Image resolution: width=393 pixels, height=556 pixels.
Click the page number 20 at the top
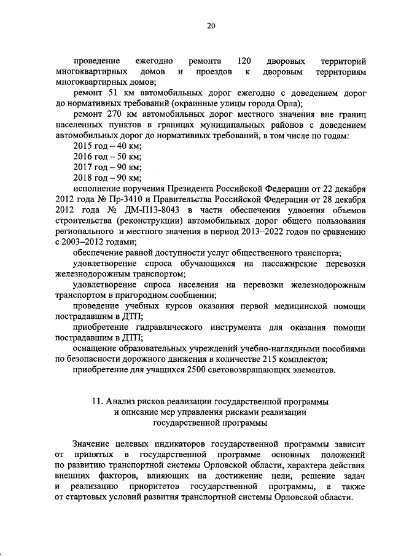coord(211,26)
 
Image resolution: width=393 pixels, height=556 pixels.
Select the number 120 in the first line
coord(243,61)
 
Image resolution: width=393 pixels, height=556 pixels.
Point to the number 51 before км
coord(112,93)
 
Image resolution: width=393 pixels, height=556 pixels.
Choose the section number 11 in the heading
coord(96,401)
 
